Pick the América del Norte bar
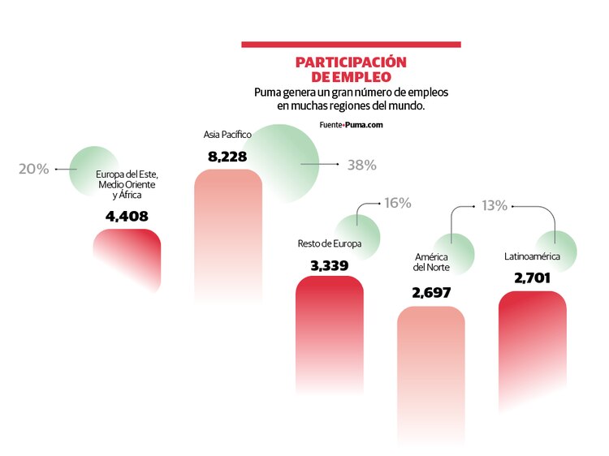click(x=430, y=365)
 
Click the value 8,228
click(x=227, y=156)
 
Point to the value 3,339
click(x=329, y=265)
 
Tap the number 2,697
click(x=431, y=293)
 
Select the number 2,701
click(x=532, y=278)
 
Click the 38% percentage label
click(x=361, y=165)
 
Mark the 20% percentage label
click(x=34, y=169)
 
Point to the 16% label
click(x=397, y=203)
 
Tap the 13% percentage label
click(x=494, y=206)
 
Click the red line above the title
click(x=351, y=44)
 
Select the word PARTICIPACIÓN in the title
click(x=351, y=62)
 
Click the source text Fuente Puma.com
click(x=351, y=125)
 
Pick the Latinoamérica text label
click(x=532, y=257)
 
